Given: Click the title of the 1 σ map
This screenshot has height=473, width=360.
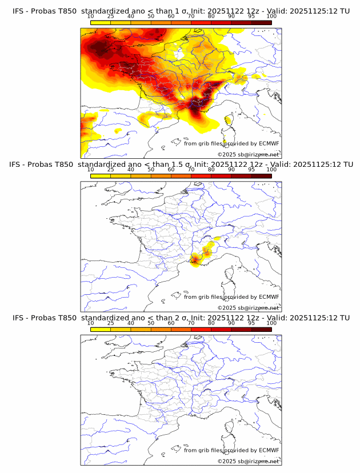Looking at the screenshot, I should [x=181, y=11].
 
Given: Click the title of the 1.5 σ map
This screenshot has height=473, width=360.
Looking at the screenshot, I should [x=181, y=165].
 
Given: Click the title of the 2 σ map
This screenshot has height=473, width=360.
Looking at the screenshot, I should [x=181, y=318].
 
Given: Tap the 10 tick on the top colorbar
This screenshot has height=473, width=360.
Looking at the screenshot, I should [x=90, y=17].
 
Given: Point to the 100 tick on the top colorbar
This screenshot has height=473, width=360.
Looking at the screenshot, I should [x=271, y=17].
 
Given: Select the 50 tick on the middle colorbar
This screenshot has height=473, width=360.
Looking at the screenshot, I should [x=151, y=170].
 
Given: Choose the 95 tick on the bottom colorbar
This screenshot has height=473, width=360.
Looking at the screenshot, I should [x=251, y=323].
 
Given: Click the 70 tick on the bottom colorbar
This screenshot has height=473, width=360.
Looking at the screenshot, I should [x=191, y=323].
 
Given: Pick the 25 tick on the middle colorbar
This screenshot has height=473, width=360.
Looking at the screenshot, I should [x=110, y=170].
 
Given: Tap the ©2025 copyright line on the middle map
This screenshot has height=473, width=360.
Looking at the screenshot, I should [x=249, y=308].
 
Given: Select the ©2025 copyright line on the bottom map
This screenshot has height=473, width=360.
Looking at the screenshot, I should [x=249, y=461].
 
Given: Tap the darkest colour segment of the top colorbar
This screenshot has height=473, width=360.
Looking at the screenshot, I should [x=261, y=23].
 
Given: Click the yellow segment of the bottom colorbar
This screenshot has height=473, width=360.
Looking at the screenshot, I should [x=101, y=329].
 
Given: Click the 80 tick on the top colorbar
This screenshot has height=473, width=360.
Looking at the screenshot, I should [x=211, y=17].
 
